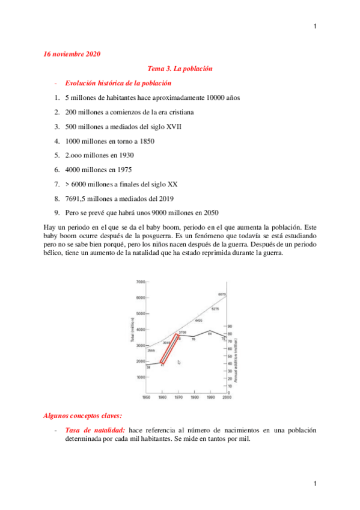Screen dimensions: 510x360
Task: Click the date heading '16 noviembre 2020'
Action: point(72,54)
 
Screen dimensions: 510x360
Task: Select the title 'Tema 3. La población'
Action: point(180,69)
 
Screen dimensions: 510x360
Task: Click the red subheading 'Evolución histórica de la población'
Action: point(118,83)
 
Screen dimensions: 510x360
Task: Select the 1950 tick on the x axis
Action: point(146,398)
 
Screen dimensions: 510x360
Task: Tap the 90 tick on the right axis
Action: point(230,327)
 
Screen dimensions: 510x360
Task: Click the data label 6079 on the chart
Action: point(222,294)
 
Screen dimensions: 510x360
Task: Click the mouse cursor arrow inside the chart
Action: point(179,362)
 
